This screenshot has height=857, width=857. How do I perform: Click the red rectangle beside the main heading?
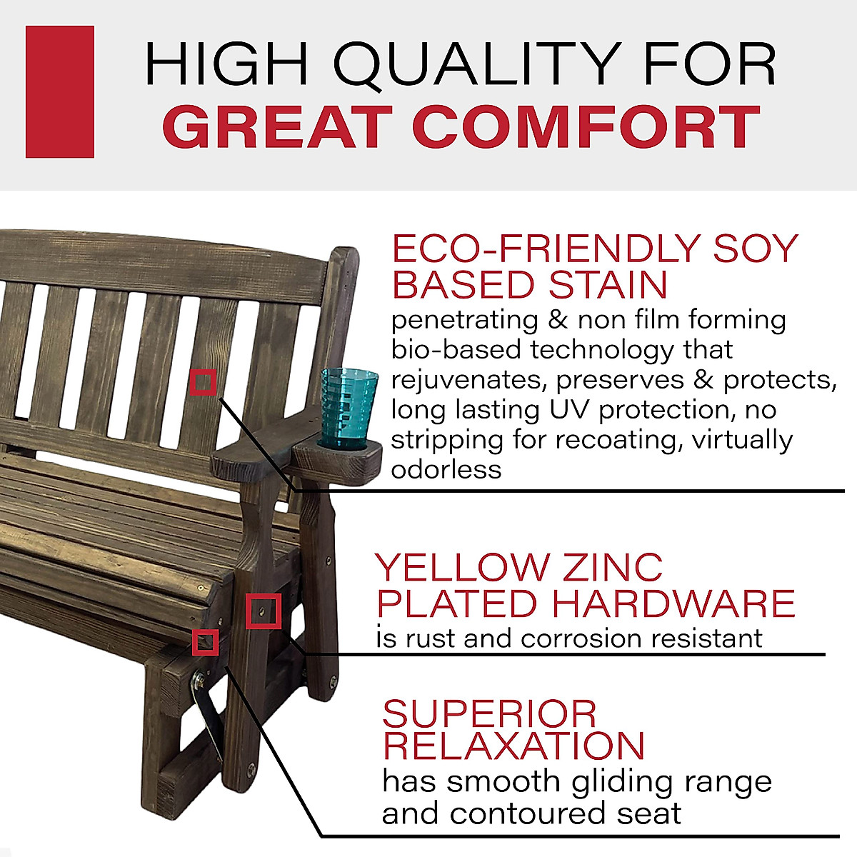60,91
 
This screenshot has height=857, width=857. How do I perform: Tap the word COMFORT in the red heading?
586,127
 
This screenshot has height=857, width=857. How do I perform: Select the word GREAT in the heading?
281,127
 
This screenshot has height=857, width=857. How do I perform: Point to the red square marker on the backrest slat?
204,383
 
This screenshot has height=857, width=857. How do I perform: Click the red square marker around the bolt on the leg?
263,611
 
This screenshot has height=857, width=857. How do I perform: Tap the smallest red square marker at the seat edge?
206,642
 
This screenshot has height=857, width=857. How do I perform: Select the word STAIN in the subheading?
607,285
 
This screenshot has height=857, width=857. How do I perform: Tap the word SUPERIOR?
489,713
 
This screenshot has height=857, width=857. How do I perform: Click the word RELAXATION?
513,746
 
